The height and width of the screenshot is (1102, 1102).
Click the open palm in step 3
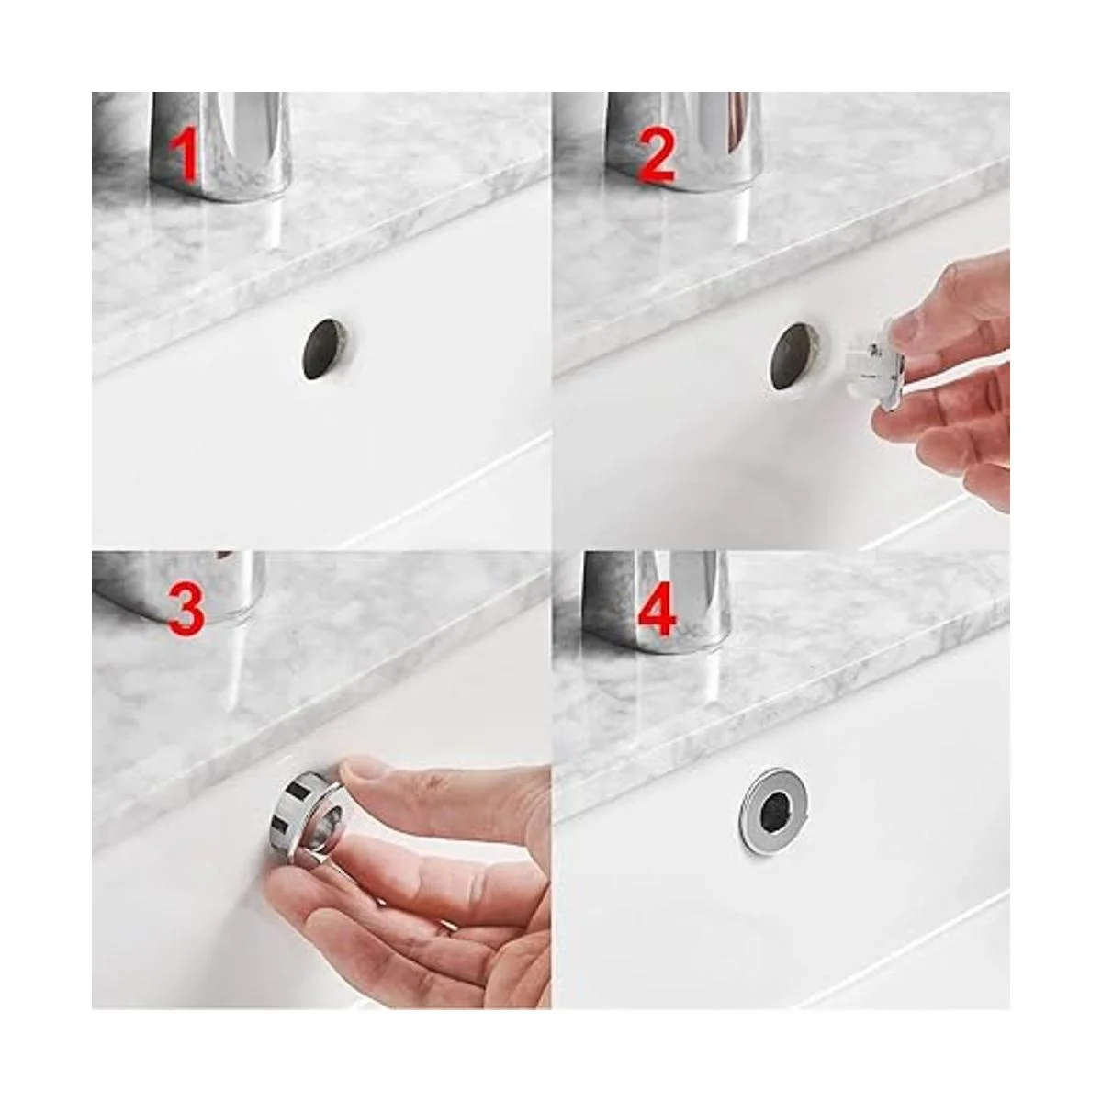pos(411,927)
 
